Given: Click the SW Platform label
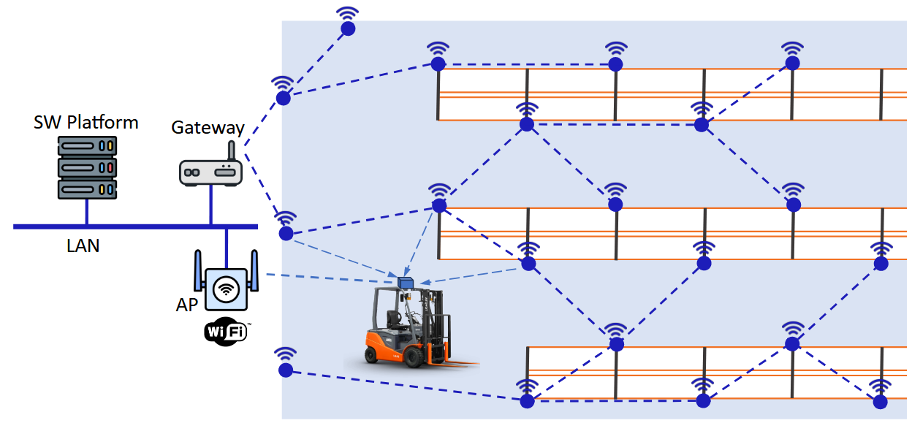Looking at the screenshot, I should click(86, 122).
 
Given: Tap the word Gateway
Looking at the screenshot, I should click(208, 128).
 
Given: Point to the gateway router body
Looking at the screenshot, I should click(210, 173).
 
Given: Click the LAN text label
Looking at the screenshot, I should click(83, 246).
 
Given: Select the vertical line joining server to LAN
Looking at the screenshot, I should click(87, 212).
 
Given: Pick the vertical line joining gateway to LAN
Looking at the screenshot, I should click(211, 205).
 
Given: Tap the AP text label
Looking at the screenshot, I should click(187, 305).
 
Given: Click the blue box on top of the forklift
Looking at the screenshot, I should click(406, 282).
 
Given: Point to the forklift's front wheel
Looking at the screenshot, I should click(414, 357).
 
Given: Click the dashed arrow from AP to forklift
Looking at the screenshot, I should click(329, 277).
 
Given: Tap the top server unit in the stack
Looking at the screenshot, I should click(87, 146).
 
